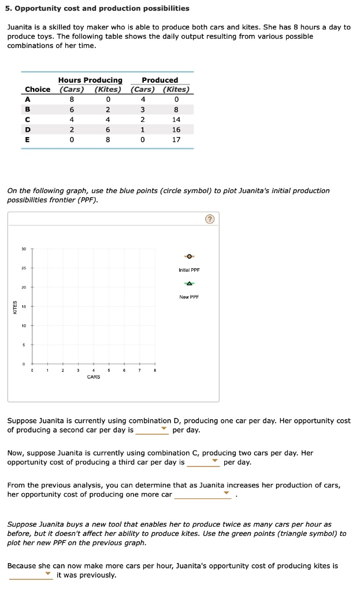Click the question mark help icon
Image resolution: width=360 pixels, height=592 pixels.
(210, 219)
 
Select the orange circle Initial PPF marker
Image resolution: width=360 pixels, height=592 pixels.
(189, 256)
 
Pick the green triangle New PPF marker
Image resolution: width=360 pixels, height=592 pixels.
(189, 283)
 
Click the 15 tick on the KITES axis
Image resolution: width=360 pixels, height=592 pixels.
(24, 306)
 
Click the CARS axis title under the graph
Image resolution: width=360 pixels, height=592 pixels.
(93, 377)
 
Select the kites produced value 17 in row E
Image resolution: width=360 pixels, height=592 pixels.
(176, 139)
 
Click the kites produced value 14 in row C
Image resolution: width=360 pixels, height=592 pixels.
(176, 120)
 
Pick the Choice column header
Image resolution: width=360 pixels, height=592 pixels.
(38, 89)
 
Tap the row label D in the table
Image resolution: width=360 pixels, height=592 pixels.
(27, 129)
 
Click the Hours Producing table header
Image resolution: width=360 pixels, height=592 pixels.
(90, 80)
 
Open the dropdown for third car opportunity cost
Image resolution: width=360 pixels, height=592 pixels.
(203, 462)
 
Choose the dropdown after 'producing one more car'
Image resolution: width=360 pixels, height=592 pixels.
(203, 495)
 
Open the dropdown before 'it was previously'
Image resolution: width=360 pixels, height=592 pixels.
(31, 575)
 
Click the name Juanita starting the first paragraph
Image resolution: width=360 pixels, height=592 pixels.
(20, 27)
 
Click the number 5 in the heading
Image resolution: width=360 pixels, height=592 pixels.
(9, 8)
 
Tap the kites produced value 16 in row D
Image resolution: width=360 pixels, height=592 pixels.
(176, 129)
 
